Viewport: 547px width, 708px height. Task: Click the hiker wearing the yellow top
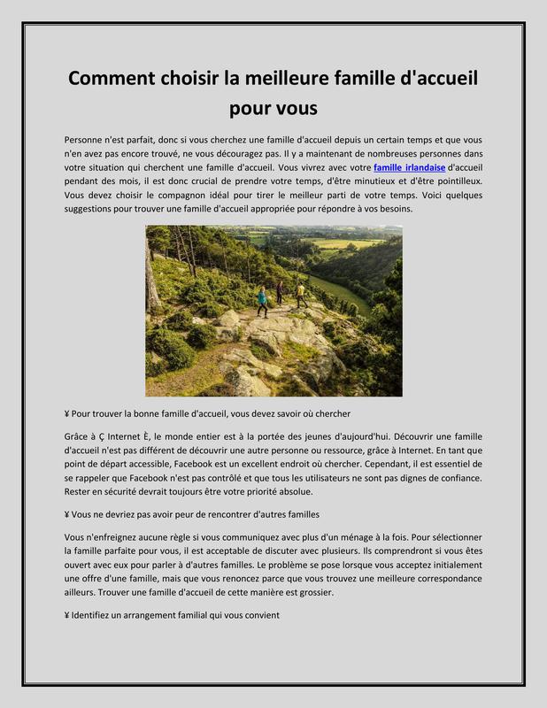click(301, 295)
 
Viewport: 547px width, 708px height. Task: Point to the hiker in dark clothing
click(281, 292)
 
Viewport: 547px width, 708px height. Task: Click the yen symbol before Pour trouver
click(68, 414)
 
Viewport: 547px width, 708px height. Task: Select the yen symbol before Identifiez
click(68, 615)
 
